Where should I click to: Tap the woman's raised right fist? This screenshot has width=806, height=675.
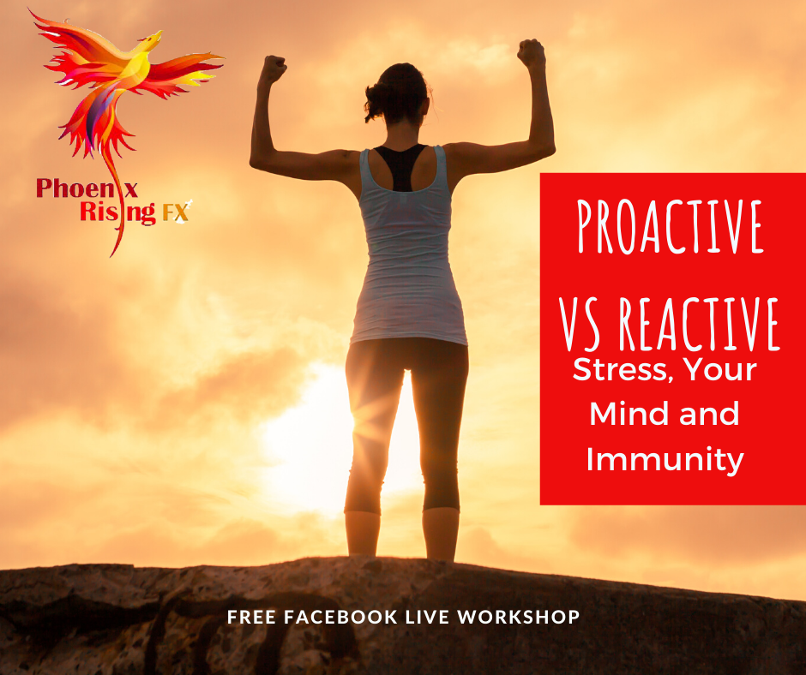[x=531, y=53]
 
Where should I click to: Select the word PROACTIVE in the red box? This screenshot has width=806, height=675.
[x=670, y=226]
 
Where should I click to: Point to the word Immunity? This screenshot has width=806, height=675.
[x=665, y=460]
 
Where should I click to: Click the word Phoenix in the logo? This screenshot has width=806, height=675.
[x=87, y=188]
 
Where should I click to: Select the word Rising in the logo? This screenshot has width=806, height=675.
[x=117, y=212]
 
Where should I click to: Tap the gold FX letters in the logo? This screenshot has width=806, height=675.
[x=175, y=212]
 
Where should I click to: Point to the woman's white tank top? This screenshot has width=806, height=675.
[x=408, y=257]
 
